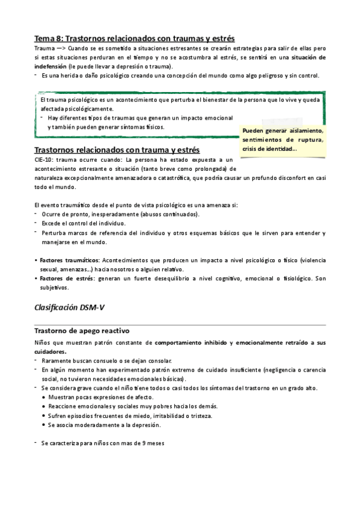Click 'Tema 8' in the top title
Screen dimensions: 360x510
[49, 37]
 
